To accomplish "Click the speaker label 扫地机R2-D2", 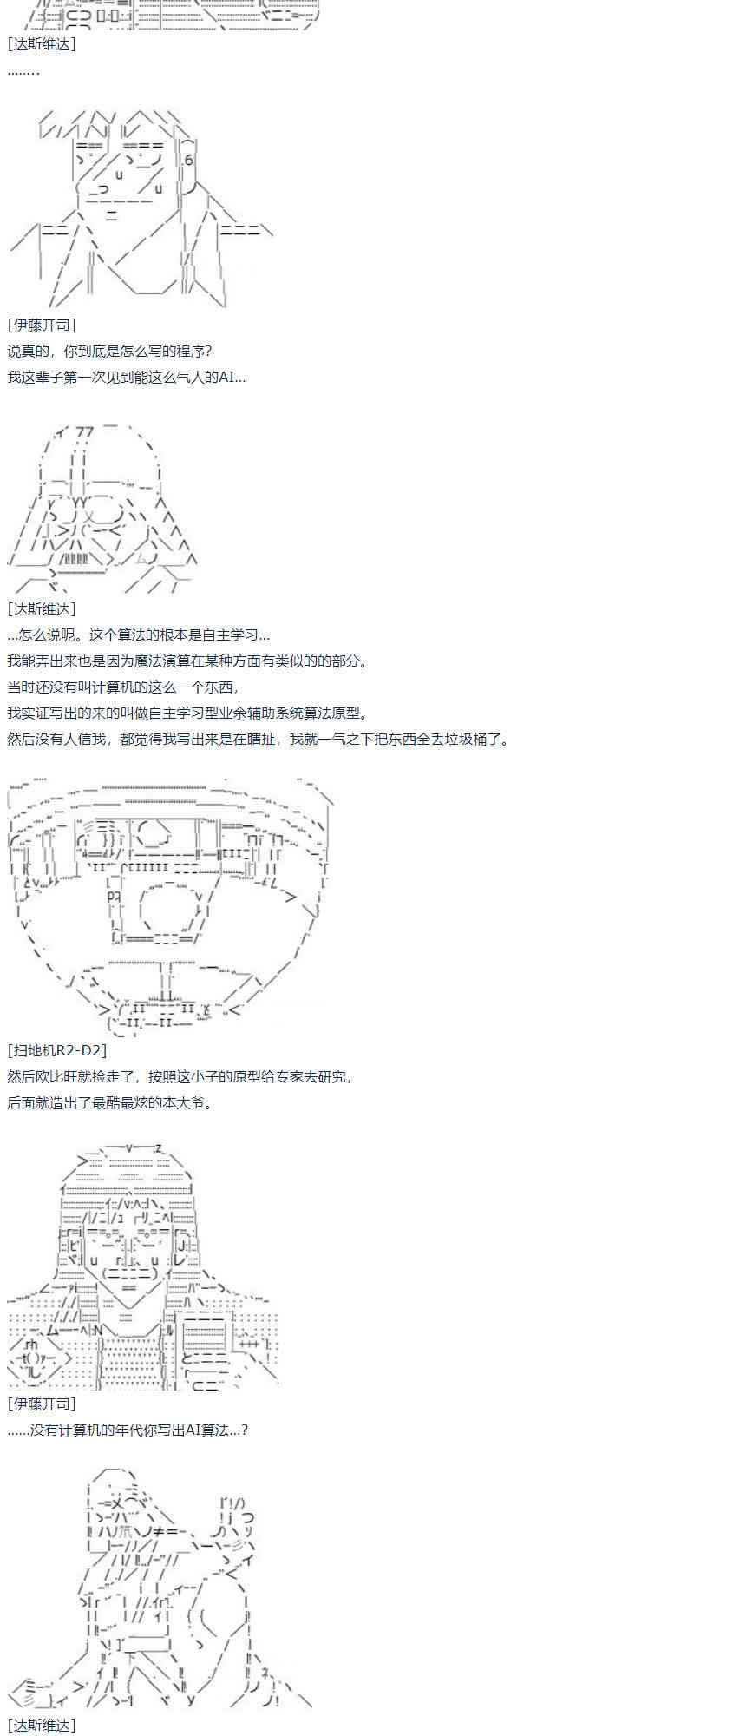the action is pos(56,1050).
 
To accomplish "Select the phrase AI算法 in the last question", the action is pos(209,1430).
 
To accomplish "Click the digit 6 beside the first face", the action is pos(189,160).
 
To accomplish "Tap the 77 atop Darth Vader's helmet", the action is pos(85,431).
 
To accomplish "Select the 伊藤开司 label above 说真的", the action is pos(42,325).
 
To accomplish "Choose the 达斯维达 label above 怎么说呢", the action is pos(42,608).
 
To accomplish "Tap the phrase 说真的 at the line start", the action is pos(29,351).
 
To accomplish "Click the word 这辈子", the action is pos(43,377).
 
